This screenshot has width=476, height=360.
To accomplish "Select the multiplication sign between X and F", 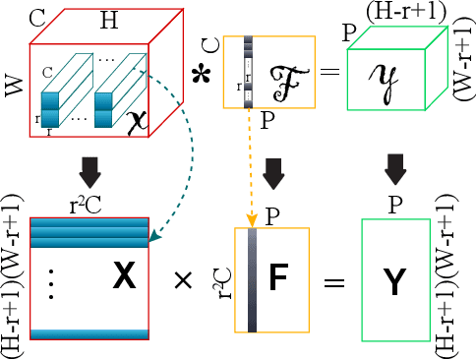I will click(x=182, y=282).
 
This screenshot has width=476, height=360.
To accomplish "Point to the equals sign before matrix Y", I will click(x=334, y=283).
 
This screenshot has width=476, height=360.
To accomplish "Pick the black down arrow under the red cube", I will click(x=89, y=172).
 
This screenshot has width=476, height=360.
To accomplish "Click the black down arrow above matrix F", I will click(x=274, y=173).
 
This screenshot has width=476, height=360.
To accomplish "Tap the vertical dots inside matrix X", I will click(x=51, y=282).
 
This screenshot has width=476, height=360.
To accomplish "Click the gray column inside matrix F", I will click(x=252, y=281).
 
